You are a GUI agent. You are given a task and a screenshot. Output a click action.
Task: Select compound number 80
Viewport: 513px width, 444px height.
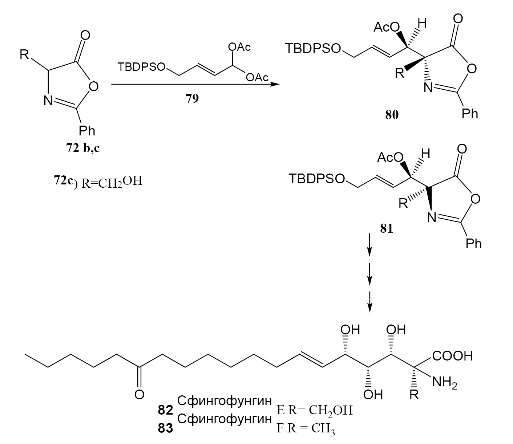click(x=392, y=115)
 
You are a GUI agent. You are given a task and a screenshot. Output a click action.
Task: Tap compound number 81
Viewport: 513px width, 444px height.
click(x=386, y=229)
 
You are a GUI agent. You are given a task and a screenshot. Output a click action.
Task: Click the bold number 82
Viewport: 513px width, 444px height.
click(x=165, y=410)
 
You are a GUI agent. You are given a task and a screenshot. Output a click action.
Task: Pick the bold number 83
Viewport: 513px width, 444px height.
click(x=165, y=429)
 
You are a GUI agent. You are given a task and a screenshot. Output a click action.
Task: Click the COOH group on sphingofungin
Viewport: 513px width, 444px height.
click(x=452, y=356)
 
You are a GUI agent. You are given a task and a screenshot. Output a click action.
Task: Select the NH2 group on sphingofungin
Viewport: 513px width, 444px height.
click(x=444, y=382)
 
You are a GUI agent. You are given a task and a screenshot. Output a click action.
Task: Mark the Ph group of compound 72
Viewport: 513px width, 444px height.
click(x=87, y=130)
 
